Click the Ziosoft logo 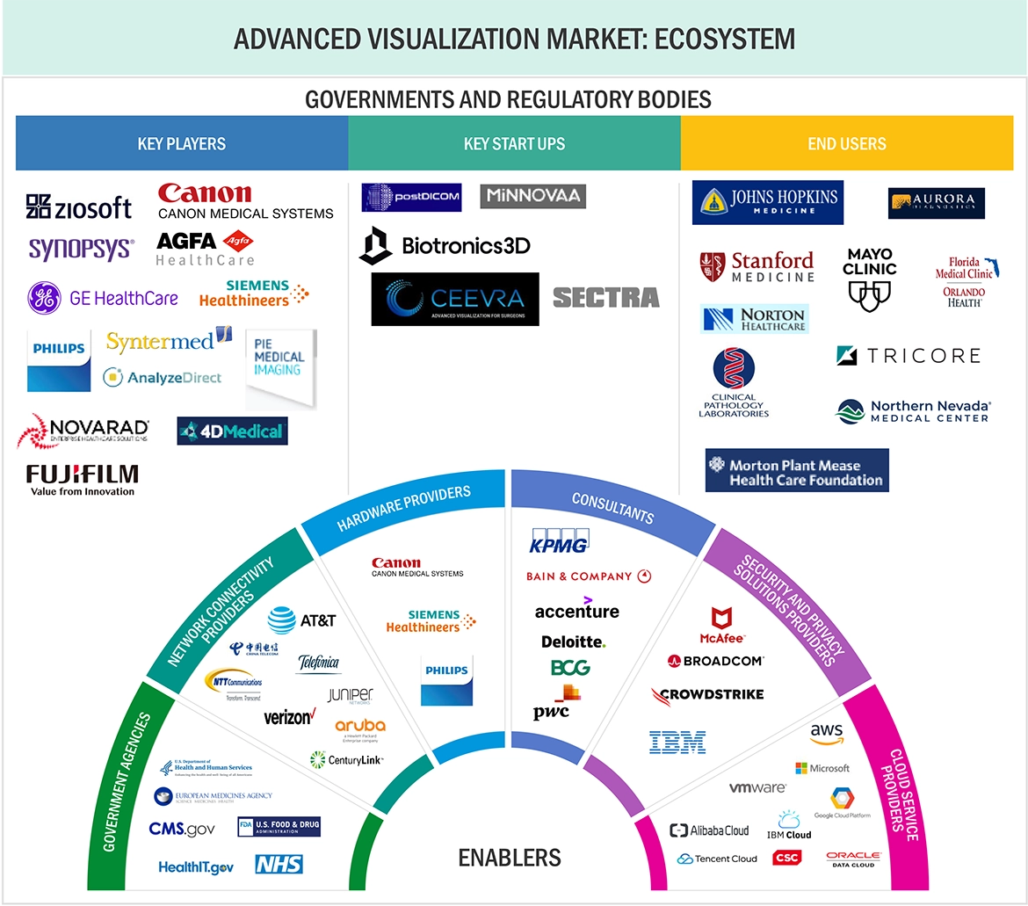(79, 207)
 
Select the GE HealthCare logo (103, 299)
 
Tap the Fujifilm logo (82, 480)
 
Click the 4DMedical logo (232, 431)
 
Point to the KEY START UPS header (514, 143)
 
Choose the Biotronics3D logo (445, 245)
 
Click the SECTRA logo (605, 298)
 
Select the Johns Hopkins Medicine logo (767, 202)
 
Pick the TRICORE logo (909, 355)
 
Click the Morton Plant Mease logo (796, 471)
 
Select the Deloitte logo (573, 641)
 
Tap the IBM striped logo (677, 742)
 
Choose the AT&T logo (302, 620)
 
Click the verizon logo (289, 717)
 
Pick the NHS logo (279, 865)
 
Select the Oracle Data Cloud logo (852, 859)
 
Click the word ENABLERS (510, 857)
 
